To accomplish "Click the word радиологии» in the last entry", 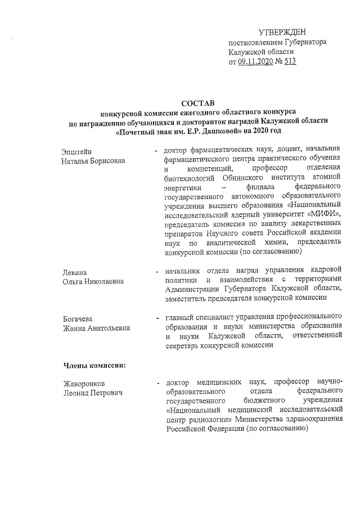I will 206,420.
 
